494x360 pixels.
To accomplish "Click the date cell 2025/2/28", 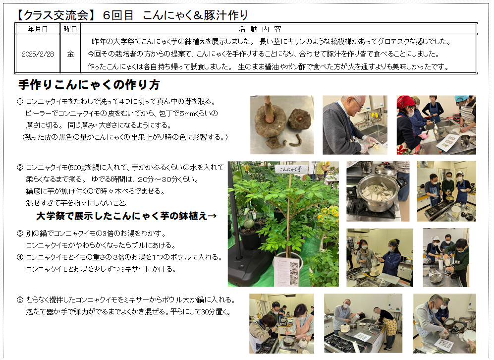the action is [x=38, y=54].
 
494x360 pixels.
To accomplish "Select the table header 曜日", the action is [x=70, y=29].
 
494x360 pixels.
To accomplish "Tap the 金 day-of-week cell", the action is [x=70, y=54].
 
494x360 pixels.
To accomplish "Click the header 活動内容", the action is [x=260, y=29].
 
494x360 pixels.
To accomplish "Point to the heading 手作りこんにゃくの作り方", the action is [x=89, y=84].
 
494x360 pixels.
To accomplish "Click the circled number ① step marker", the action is [x=20, y=102].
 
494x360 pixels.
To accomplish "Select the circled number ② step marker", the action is [x=20, y=168].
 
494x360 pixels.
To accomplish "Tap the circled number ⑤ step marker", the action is [x=20, y=300].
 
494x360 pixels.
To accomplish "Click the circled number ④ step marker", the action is [x=20, y=257].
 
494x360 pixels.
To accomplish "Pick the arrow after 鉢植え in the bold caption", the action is [x=212, y=216].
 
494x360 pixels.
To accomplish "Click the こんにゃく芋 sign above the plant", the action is [x=290, y=169].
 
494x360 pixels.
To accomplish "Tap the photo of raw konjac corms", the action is [x=281, y=125].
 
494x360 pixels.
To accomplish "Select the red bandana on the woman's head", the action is [x=404, y=102].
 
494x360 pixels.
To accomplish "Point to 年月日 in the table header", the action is [x=38, y=29].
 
